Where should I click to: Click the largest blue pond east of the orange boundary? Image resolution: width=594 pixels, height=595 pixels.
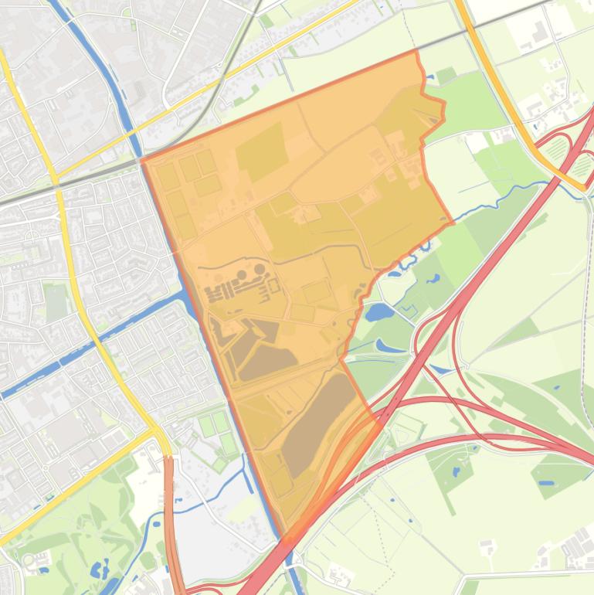tap(378, 312)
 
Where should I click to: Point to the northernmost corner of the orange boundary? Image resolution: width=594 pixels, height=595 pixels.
tap(416, 51)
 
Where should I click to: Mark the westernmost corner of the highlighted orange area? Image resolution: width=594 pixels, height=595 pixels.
tap(142, 161)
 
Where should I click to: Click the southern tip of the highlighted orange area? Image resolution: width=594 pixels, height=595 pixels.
tap(286, 536)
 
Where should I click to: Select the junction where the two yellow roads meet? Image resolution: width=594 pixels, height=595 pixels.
tap(158, 430)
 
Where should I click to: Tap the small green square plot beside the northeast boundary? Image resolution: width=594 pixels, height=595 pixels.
tap(446, 76)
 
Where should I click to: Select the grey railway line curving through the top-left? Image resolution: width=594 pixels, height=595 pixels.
tap(209, 100)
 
